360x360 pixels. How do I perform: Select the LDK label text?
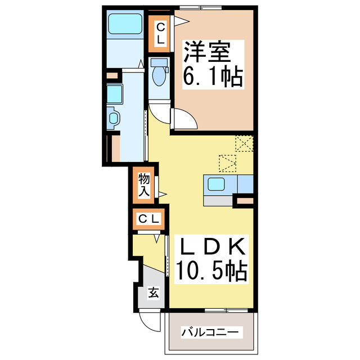(x=212, y=247)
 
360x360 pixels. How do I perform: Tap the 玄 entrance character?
(x=153, y=292)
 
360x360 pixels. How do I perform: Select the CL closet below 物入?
(x=148, y=218)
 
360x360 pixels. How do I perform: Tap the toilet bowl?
(x=159, y=75)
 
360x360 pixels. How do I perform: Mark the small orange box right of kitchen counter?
(x=245, y=200)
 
